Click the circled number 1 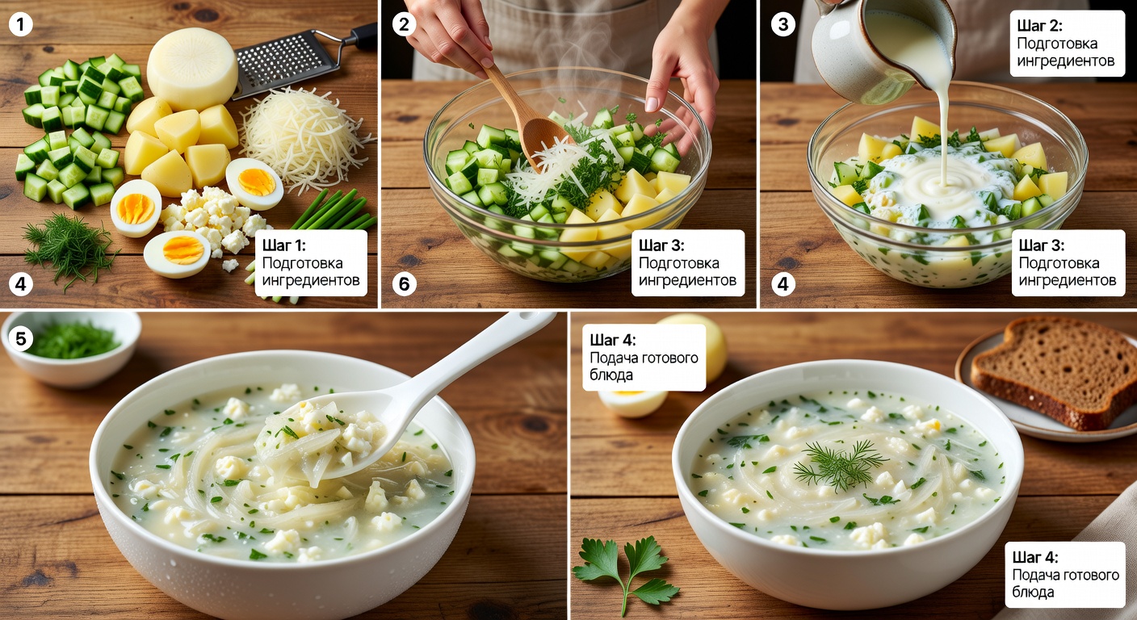click(20, 24)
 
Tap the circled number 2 click(404, 24)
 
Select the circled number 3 click(783, 24)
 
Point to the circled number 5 click(20, 338)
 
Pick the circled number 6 click(404, 283)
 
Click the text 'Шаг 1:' click(283, 245)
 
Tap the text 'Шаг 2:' click(1039, 25)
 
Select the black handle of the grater click(363, 36)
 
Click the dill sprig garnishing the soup click(840, 464)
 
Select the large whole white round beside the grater click(192, 69)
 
